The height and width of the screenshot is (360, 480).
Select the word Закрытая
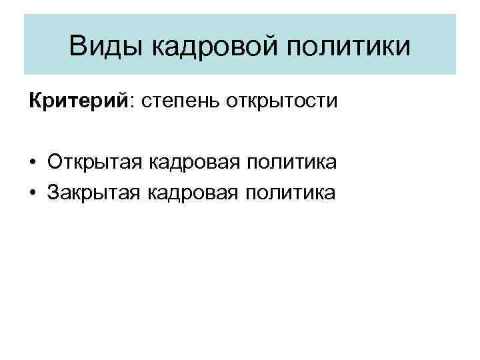point(94,193)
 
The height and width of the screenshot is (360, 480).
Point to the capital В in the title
point(77,47)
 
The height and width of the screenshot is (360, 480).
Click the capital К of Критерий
point(34,101)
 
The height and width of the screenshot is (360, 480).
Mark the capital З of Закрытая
point(53,193)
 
